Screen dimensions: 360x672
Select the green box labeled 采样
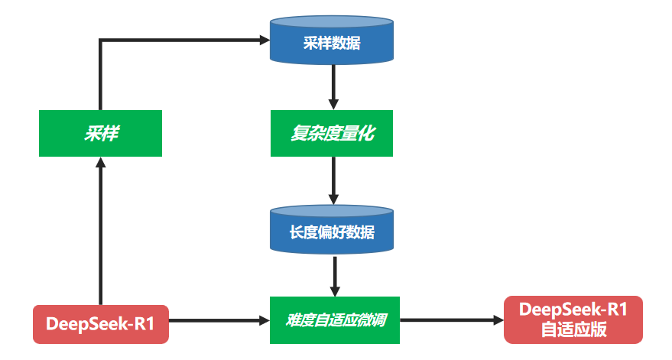[100, 134]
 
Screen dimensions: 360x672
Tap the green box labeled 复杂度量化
[332, 134]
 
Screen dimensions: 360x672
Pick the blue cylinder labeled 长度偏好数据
[332, 230]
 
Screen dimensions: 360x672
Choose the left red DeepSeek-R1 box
[101, 323]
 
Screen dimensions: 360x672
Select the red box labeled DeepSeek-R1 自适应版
[573, 319]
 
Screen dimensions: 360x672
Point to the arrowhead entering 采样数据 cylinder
[264, 39]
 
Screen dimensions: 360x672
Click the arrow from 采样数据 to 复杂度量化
[333, 87]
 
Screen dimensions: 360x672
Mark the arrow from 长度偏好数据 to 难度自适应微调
[334, 275]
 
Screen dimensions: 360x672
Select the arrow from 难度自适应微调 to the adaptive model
[451, 321]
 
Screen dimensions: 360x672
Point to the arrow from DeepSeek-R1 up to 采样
[100, 229]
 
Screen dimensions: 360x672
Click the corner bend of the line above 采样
[100, 40]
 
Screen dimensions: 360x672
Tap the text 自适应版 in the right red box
[573, 330]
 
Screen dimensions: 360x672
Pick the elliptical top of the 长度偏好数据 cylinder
[333, 211]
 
